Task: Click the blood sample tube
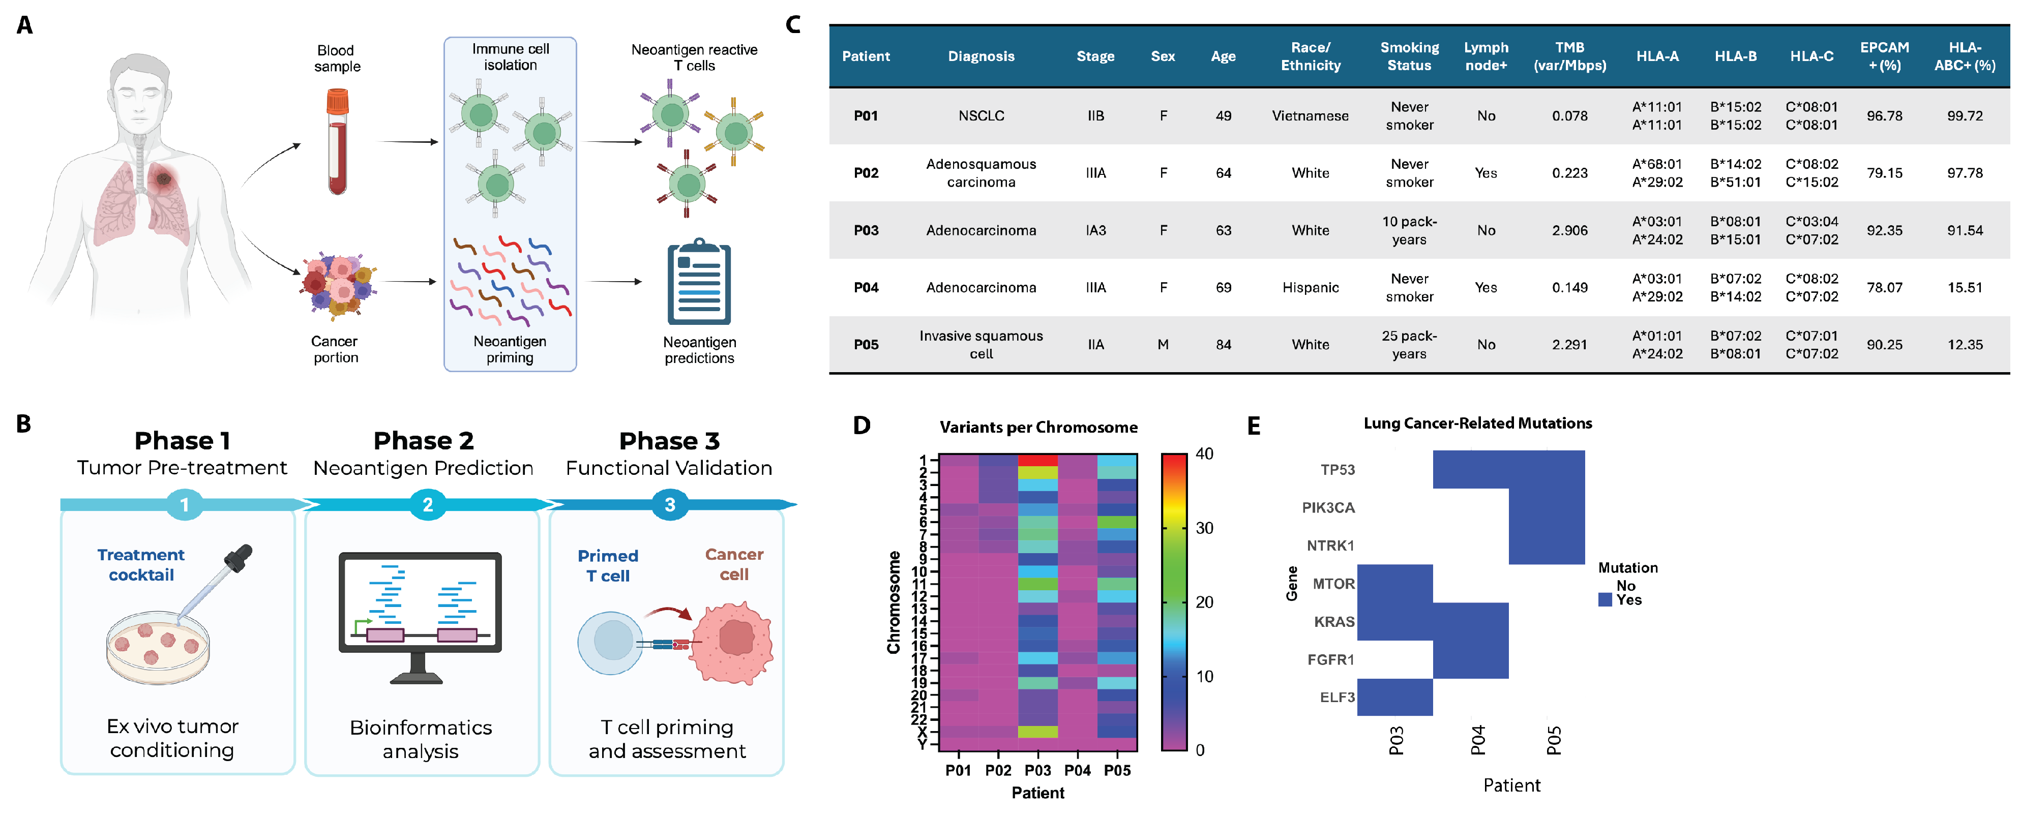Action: tap(337, 141)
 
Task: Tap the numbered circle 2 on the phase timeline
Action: tap(427, 505)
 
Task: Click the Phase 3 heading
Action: tap(669, 441)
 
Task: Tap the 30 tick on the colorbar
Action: tap(1204, 528)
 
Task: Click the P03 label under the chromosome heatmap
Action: tap(1037, 770)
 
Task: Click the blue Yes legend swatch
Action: tap(1605, 600)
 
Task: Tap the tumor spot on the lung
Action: tap(164, 179)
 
